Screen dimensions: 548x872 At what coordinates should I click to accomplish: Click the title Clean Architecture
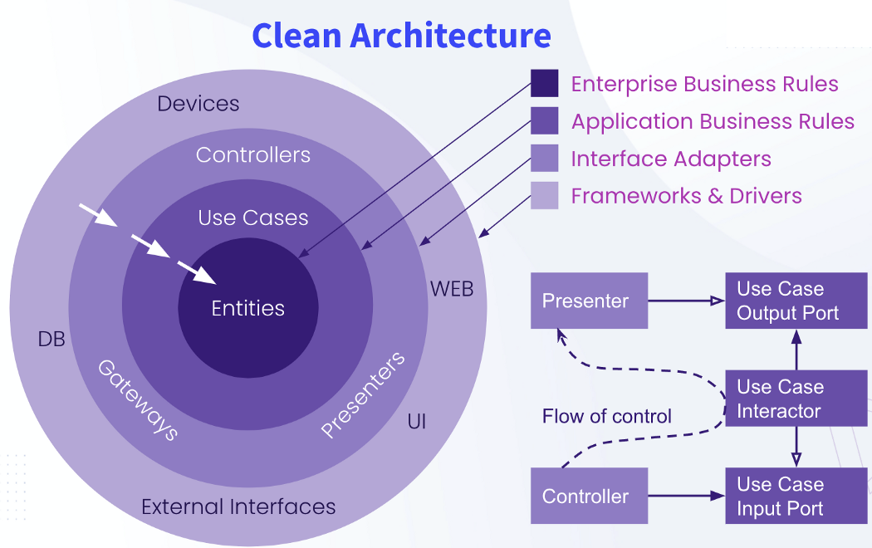(x=401, y=36)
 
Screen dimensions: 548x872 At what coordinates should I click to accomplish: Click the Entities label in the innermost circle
(x=247, y=308)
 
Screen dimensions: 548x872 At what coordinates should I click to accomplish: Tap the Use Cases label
(x=253, y=218)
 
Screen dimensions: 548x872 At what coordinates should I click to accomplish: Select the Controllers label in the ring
(x=253, y=154)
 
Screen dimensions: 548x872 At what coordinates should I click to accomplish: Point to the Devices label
(x=198, y=104)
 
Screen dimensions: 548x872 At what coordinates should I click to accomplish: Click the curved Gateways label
(x=138, y=399)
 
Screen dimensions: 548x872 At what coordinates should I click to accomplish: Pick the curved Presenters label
(x=363, y=394)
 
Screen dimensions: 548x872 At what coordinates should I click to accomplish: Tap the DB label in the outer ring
(x=51, y=339)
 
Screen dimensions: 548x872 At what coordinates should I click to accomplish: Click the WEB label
(x=452, y=289)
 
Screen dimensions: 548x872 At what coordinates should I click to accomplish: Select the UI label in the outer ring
(x=417, y=422)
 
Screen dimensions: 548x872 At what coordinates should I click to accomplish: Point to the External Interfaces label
(x=238, y=506)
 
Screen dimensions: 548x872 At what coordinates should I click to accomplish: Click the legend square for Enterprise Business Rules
(x=545, y=84)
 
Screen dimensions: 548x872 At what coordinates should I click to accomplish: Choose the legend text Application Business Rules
(x=713, y=121)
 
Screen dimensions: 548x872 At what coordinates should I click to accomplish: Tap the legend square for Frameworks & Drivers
(x=545, y=196)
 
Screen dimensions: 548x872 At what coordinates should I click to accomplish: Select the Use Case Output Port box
(x=796, y=301)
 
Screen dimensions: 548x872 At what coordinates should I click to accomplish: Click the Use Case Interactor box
(x=796, y=399)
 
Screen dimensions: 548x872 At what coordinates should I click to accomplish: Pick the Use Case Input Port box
(x=796, y=496)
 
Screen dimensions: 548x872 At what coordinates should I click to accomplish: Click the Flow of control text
(x=606, y=416)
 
